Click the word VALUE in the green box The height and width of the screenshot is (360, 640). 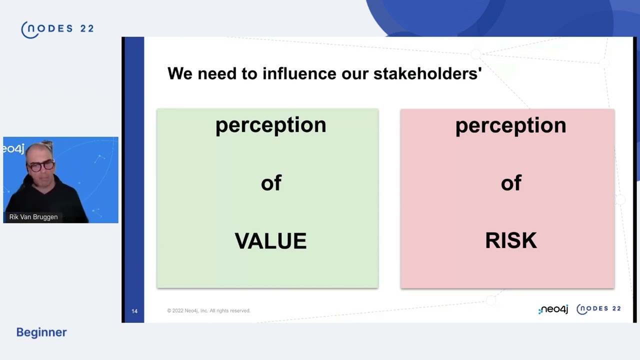[x=270, y=241]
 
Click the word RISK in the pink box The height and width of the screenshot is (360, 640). [x=510, y=241]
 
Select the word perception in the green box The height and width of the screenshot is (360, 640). [x=270, y=125]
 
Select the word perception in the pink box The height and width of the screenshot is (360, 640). [x=510, y=125]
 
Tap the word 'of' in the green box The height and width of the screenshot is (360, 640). [x=271, y=183]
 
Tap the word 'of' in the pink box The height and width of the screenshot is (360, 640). [x=510, y=183]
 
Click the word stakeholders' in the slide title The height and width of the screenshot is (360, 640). [x=427, y=73]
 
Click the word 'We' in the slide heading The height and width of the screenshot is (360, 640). [x=180, y=73]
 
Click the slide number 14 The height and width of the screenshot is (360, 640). [x=134, y=311]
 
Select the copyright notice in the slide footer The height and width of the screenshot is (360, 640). [x=208, y=310]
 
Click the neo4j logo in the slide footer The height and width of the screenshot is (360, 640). [x=553, y=309]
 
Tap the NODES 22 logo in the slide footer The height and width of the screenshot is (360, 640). [x=598, y=309]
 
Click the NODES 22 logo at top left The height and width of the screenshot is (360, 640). [x=57, y=29]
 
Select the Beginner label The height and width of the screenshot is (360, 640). [x=41, y=332]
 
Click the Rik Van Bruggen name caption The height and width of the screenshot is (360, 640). [x=33, y=217]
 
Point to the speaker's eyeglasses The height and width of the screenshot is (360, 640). [x=41, y=165]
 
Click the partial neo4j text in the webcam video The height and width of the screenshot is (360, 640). [x=13, y=148]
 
